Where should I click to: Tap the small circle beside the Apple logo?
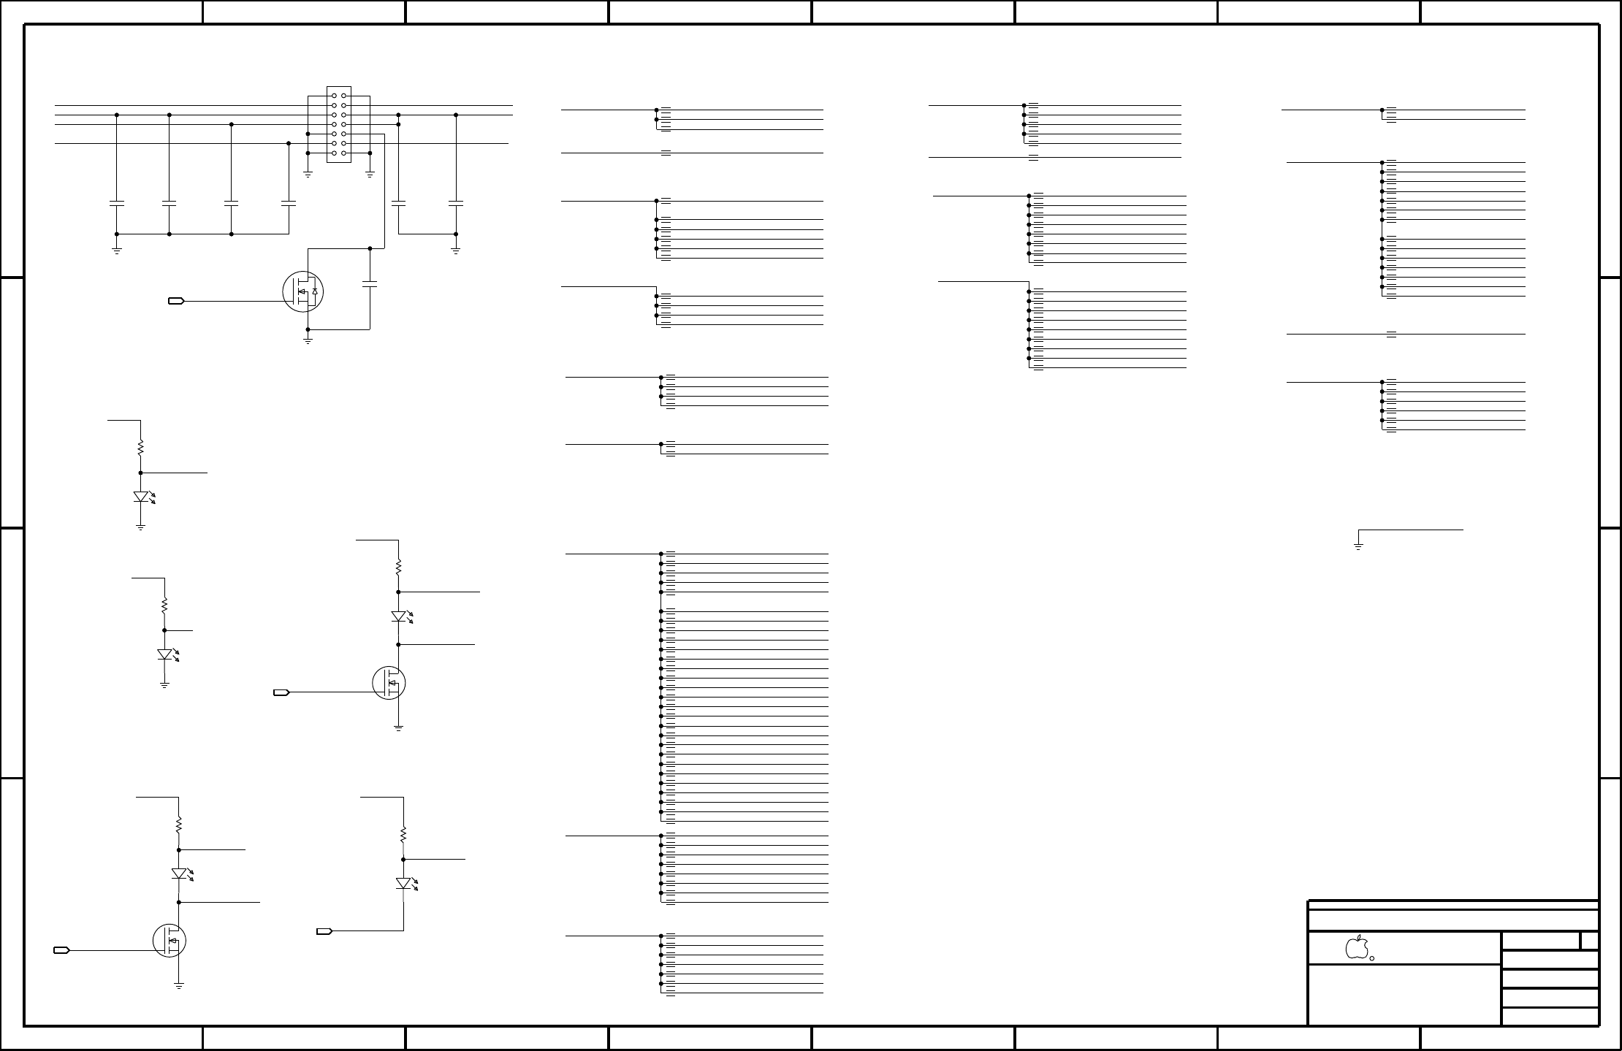coord(1372,958)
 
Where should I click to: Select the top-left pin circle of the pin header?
coord(334,96)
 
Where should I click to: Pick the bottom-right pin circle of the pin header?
coord(343,153)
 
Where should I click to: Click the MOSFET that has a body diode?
coord(303,291)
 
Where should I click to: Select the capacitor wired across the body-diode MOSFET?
coord(370,283)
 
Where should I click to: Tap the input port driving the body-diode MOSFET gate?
coord(176,301)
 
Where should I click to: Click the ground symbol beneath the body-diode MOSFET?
coord(308,340)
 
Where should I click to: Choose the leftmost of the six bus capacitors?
coord(117,202)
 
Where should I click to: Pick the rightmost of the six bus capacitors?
coord(456,202)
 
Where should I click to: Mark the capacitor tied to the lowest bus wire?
coord(289,202)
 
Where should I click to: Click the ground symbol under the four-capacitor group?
coord(117,251)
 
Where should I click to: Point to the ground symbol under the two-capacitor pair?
coord(456,251)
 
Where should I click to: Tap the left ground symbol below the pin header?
coord(308,175)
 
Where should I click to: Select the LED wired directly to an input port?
coord(403,883)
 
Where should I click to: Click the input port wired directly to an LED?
coord(324,931)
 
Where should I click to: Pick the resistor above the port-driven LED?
coord(403,834)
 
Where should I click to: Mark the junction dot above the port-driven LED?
coord(403,860)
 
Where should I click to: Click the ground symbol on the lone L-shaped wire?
coord(1358,546)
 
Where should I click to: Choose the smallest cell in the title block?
coord(1589,941)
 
